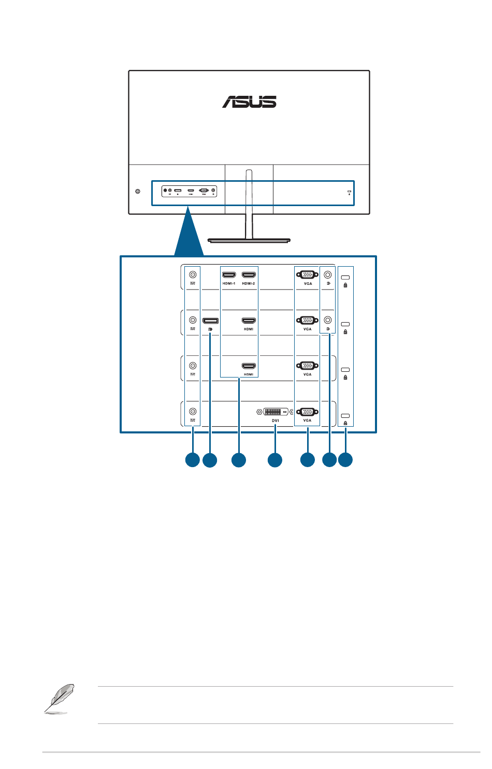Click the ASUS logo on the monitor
[249, 101]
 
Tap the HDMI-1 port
[228, 275]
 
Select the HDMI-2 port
[249, 275]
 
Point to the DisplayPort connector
[210, 321]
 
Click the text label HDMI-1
[228, 284]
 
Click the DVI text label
[275, 420]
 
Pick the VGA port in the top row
[308, 274]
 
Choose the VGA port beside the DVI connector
[308, 412]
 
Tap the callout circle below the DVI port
[275, 460]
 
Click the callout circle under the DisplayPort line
[210, 460]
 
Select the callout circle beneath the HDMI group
[239, 460]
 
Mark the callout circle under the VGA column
[308, 460]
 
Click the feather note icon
[58, 699]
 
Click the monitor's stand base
[249, 240]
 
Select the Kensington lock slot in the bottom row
[345, 416]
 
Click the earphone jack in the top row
[327, 274]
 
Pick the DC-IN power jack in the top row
[193, 275]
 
